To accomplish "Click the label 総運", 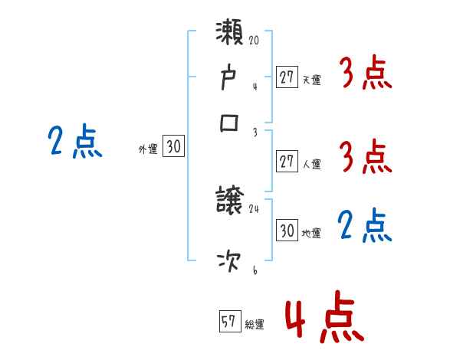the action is point(255,325).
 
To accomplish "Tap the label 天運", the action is point(311,80).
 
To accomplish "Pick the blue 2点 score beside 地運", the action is point(365,227).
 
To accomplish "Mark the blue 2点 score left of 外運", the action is point(75,142).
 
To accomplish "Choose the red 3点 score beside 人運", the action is point(365,158).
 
